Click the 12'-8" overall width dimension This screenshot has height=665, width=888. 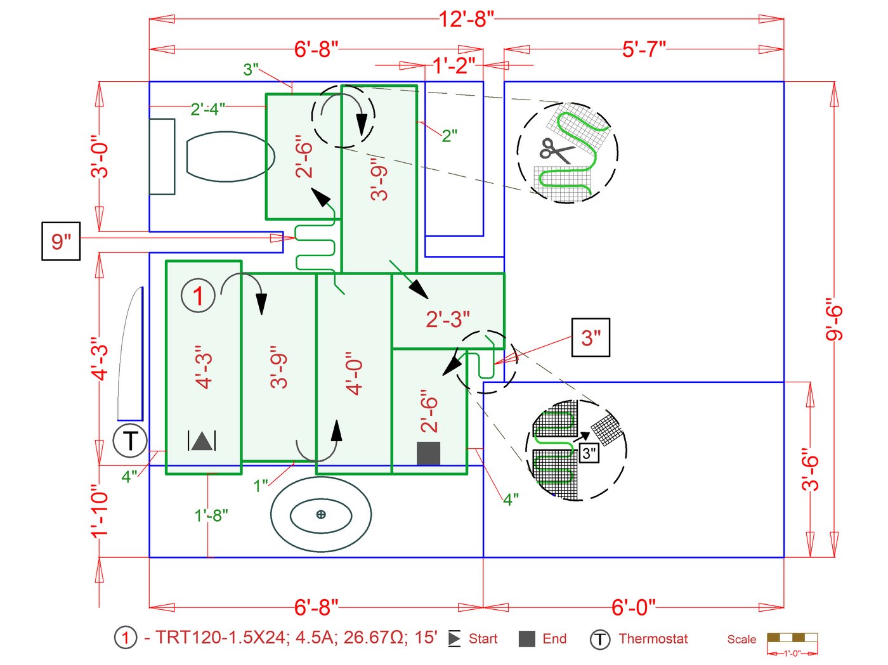[466, 18]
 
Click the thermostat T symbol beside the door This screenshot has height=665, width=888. [130, 440]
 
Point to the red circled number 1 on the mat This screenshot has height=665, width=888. [199, 295]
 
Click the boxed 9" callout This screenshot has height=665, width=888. [61, 241]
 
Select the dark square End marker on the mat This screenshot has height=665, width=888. [429, 453]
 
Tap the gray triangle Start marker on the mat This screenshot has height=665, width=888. [202, 441]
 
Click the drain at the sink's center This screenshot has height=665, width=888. [321, 514]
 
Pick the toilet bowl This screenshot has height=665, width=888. [230, 156]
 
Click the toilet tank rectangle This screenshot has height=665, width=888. [162, 156]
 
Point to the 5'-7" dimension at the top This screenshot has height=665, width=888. [644, 49]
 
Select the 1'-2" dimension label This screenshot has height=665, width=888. [454, 65]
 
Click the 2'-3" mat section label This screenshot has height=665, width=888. [448, 320]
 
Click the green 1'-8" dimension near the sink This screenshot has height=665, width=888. [211, 515]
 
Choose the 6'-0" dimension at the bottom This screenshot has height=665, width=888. [633, 607]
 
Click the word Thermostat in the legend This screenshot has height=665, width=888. [653, 639]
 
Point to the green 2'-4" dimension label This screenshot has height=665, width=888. [207, 109]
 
